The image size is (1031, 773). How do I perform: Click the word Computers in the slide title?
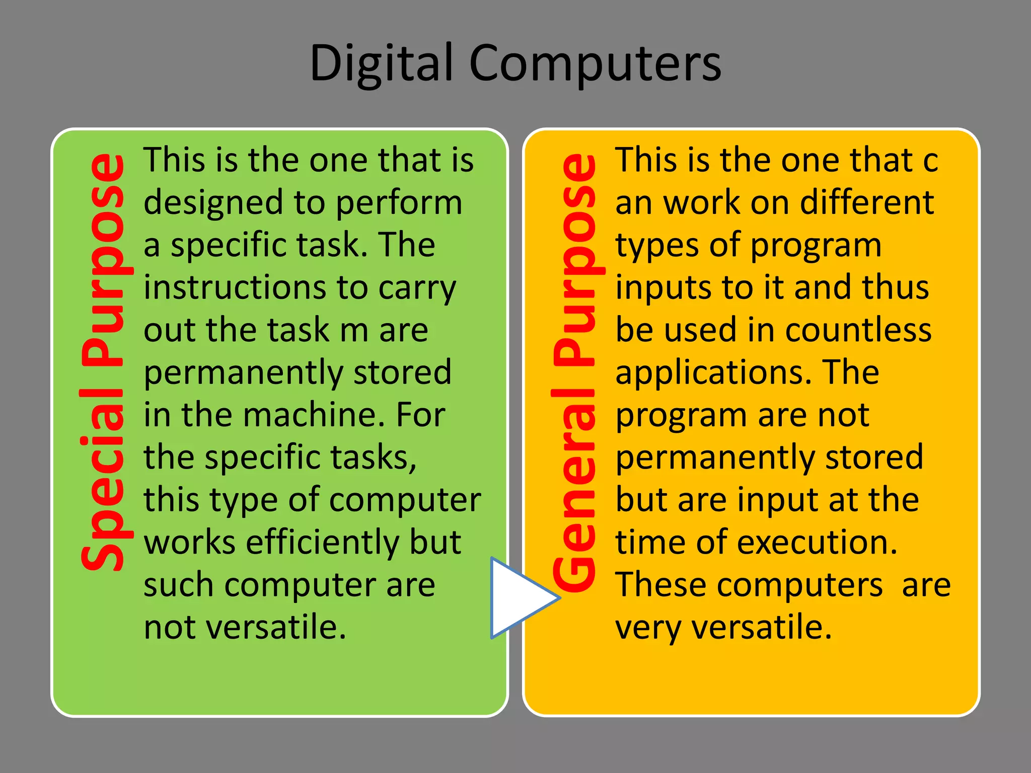pyautogui.click(x=596, y=64)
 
